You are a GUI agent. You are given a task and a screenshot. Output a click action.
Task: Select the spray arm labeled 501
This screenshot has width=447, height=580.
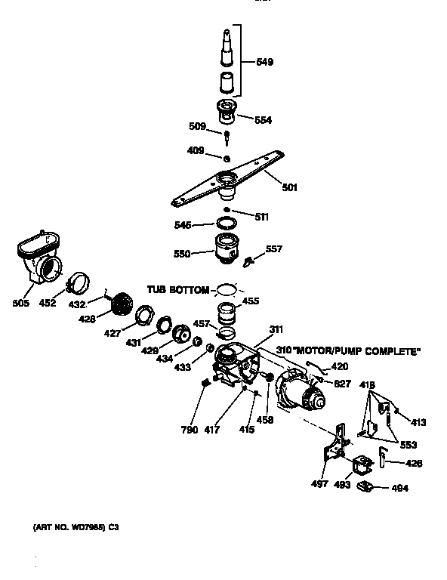click(x=226, y=181)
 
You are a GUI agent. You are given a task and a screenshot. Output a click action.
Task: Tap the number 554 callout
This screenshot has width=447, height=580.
click(x=262, y=120)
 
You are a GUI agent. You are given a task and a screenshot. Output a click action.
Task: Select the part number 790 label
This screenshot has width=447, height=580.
click(x=190, y=430)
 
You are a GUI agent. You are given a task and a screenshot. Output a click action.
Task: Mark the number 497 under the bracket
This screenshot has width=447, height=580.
click(x=319, y=483)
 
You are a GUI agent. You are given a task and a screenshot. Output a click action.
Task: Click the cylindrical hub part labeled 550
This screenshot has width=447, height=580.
click(x=226, y=248)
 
